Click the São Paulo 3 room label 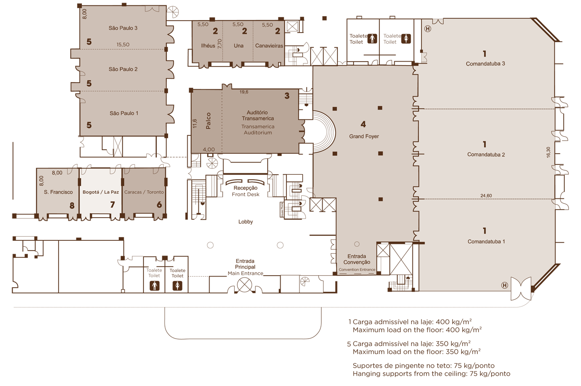123,28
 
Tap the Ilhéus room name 208,46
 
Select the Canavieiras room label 269,46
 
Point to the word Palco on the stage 208,121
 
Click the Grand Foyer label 364,136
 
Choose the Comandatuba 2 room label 486,155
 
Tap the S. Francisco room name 59,192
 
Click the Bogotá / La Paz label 101,192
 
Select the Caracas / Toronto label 144,192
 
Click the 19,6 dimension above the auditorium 244,92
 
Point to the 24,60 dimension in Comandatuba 486,196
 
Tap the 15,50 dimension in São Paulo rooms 123,45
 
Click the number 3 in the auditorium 287,96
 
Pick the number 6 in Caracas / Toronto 159,205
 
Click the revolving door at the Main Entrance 244,285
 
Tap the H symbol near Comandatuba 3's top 428,29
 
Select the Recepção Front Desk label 245,191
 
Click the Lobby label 246,222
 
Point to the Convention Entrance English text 357,269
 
